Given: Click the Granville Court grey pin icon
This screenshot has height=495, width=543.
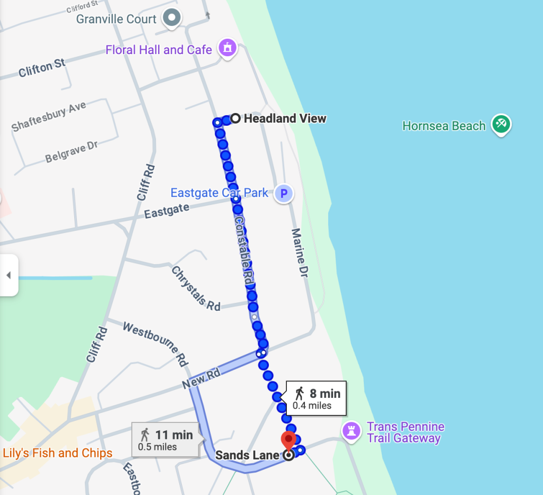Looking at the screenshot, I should [x=171, y=18].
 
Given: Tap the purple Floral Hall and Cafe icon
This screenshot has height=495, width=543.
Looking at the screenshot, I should [x=227, y=48].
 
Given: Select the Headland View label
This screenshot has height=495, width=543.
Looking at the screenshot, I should [x=285, y=118].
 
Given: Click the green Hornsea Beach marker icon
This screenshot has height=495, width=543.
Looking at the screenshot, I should [x=500, y=125].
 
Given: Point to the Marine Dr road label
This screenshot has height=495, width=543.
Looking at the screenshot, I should [x=300, y=254].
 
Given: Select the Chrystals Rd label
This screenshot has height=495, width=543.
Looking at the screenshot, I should [x=196, y=289].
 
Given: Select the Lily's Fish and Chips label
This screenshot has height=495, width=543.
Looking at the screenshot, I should [x=57, y=453].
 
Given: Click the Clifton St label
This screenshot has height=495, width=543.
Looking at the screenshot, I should [x=42, y=68].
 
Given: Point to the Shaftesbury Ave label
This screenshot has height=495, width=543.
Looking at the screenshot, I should [x=49, y=117].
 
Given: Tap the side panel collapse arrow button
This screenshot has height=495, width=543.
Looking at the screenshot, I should [x=8, y=275].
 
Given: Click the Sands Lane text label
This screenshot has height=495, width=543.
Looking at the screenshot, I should [x=247, y=455].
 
